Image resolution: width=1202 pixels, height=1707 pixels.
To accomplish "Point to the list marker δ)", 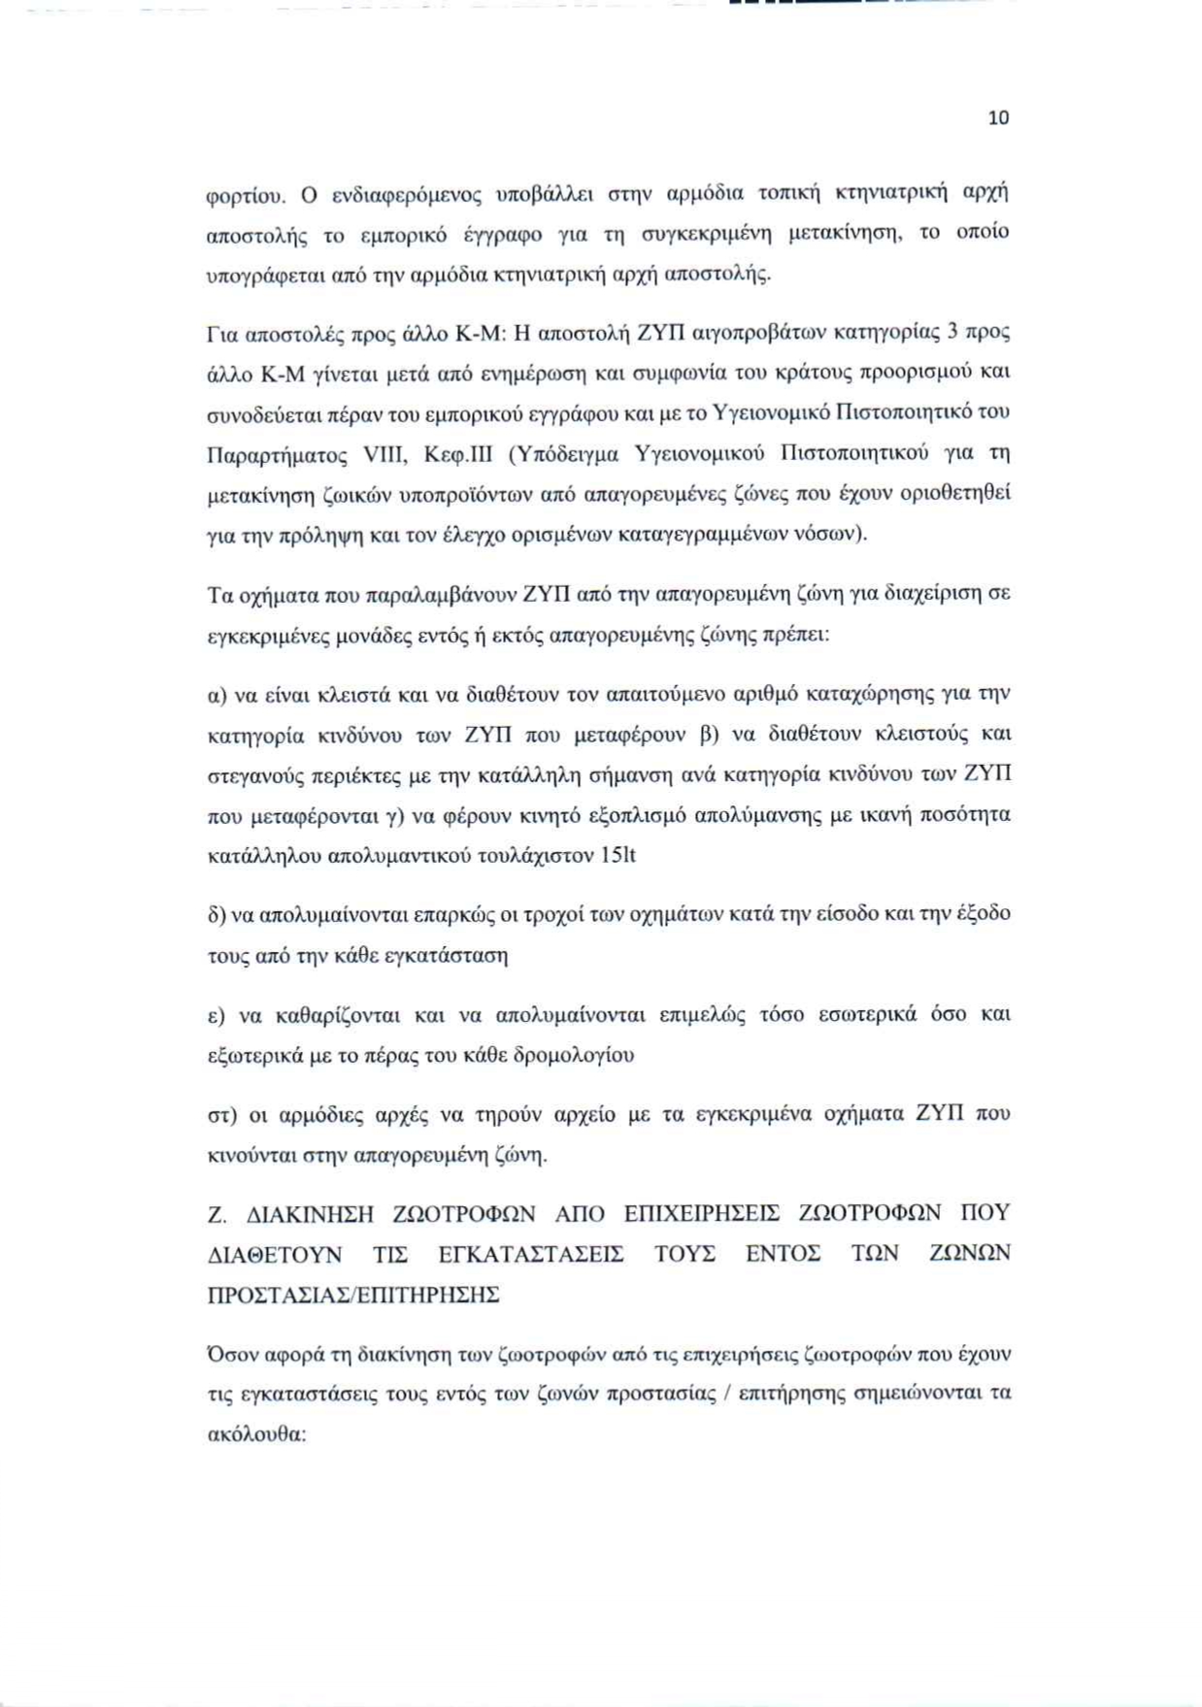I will (218, 914).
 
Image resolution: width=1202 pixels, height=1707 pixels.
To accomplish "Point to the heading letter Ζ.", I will (217, 1214).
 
